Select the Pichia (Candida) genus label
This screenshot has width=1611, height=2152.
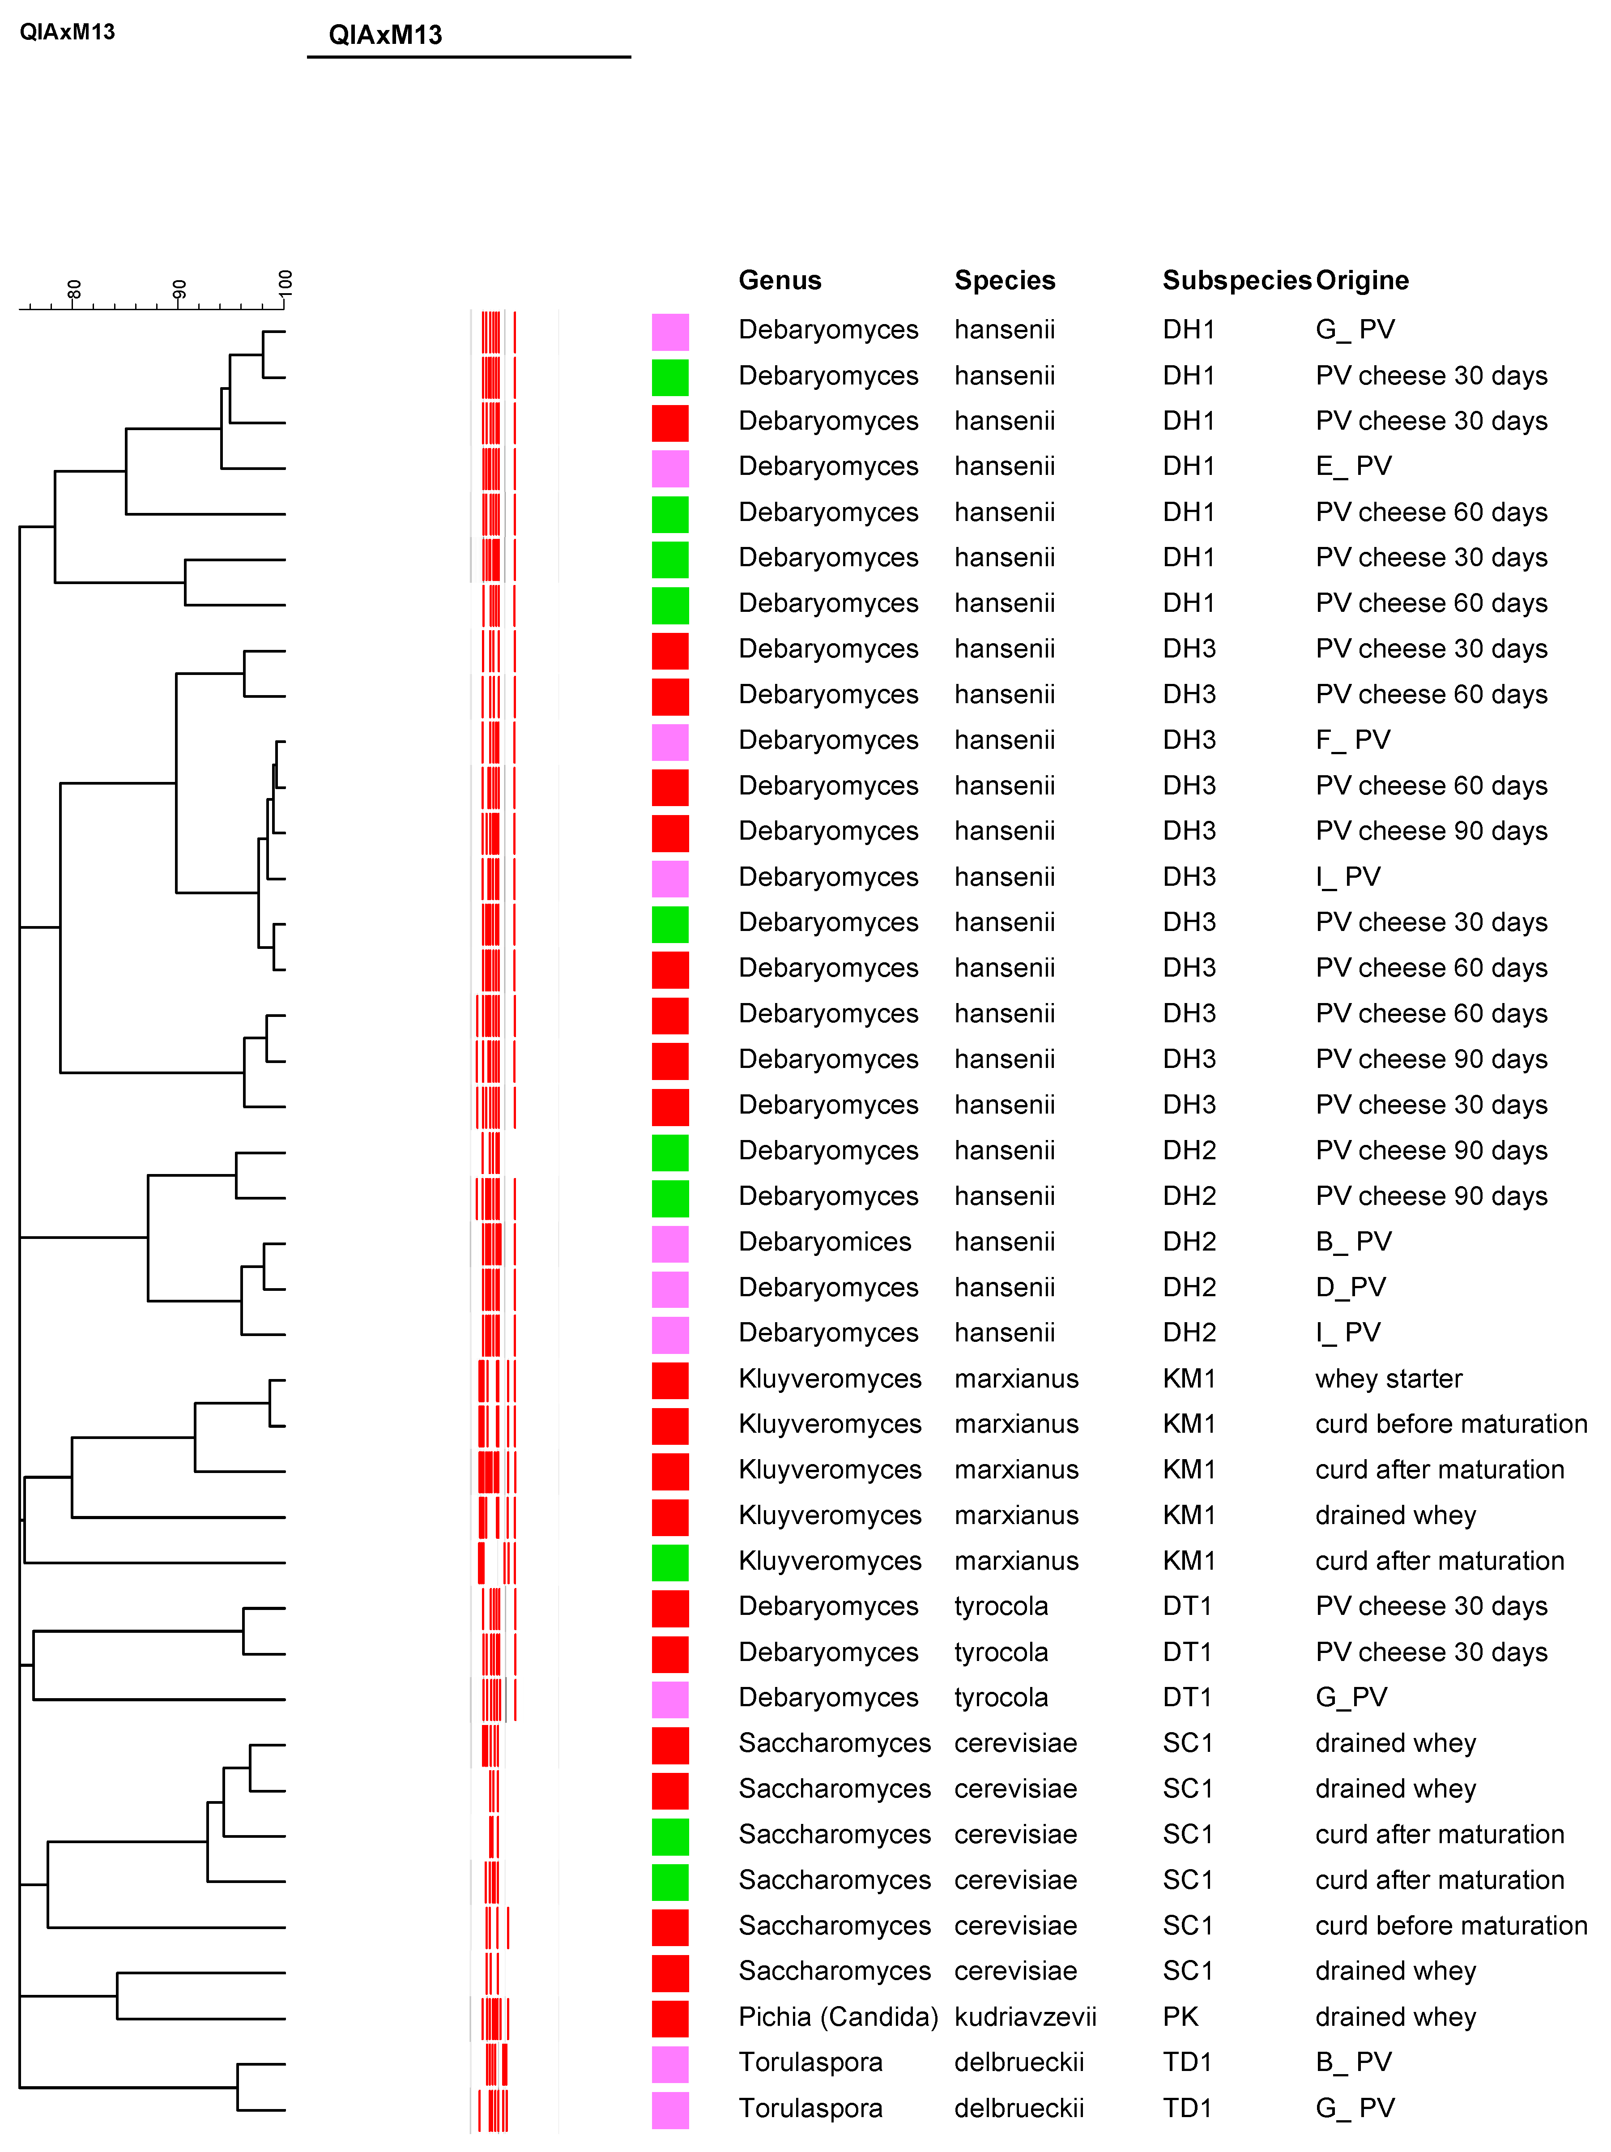coord(838,2017)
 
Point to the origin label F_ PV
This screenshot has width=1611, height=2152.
coord(1352,740)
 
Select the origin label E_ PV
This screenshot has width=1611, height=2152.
coord(1352,466)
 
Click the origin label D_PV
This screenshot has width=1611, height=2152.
coord(1350,1287)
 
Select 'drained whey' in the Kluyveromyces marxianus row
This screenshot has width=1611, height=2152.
coord(1395,1516)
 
